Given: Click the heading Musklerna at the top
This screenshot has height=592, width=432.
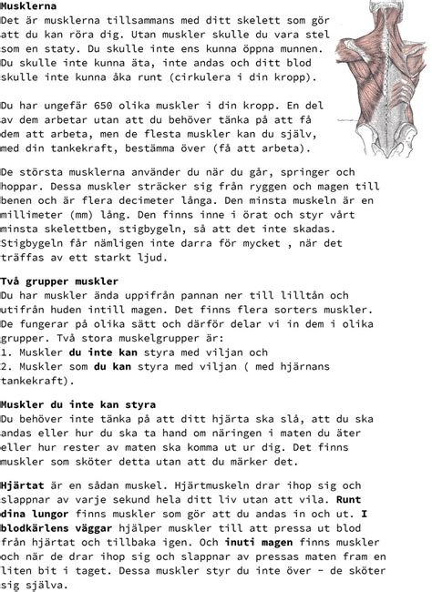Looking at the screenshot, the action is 29,6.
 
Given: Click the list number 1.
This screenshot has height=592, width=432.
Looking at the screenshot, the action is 5,352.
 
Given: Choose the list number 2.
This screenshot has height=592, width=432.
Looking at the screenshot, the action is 5,366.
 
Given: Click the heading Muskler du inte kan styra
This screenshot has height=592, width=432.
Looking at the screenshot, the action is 78,403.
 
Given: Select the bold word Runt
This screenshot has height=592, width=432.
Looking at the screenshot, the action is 349,501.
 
